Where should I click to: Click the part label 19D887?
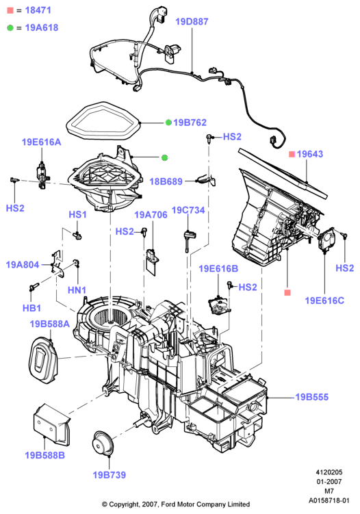click(x=192, y=22)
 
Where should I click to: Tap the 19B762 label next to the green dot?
click(x=190, y=123)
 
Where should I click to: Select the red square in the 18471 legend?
click(x=10, y=10)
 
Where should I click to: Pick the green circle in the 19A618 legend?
click(x=10, y=28)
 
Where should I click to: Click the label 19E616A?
click(x=41, y=142)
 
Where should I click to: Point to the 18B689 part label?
click(x=166, y=181)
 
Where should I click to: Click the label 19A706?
click(x=151, y=215)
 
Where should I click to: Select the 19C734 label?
click(x=188, y=210)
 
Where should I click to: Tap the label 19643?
click(x=310, y=154)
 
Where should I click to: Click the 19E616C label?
click(x=324, y=300)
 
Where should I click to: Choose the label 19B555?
click(x=312, y=397)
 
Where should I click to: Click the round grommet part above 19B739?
click(x=103, y=444)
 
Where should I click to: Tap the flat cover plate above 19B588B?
click(x=51, y=425)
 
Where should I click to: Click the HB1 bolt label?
click(x=31, y=308)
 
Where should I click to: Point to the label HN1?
click(x=77, y=290)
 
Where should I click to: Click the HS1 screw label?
click(x=77, y=215)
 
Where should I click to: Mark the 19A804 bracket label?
click(x=23, y=265)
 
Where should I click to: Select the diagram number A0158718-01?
click(x=329, y=500)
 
